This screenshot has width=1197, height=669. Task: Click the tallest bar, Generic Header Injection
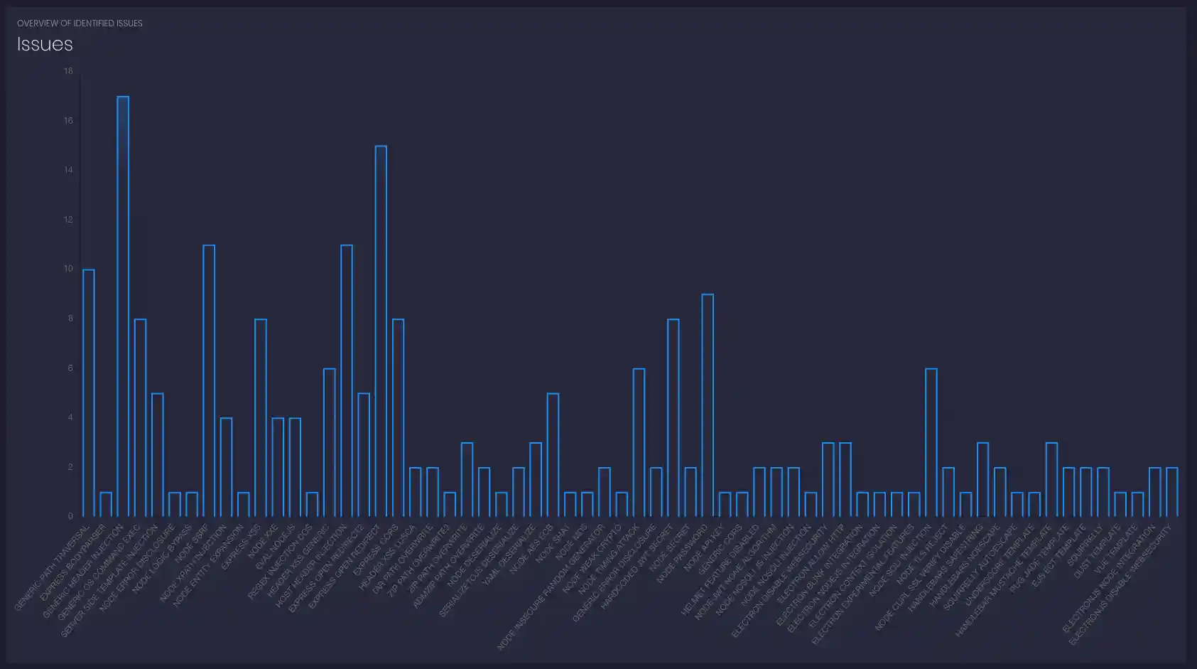click(123, 306)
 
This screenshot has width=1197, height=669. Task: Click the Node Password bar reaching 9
click(708, 405)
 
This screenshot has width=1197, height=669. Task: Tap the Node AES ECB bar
click(553, 455)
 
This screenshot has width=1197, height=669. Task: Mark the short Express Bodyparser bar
click(106, 504)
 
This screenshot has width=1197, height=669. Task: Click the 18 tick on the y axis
click(68, 71)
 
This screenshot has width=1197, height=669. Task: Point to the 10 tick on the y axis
click(68, 269)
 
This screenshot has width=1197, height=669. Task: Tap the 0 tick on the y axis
click(70, 516)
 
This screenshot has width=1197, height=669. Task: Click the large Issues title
click(45, 44)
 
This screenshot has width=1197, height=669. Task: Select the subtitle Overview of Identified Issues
click(80, 23)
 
